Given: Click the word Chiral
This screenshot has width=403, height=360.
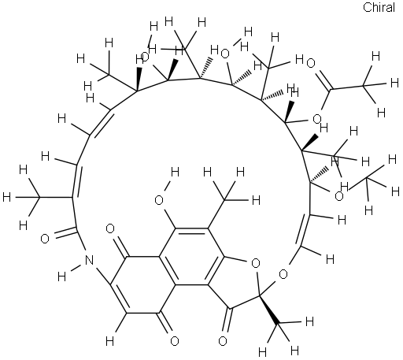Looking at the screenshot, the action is coord(379,7).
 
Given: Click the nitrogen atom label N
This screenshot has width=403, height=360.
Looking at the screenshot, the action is coord(89,260).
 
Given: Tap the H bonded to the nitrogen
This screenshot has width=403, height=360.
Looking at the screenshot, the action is coord(62,276).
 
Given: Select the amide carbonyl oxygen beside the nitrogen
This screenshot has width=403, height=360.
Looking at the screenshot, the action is coord(45,239).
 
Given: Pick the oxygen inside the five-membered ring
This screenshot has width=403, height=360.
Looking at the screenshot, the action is coord(255,263).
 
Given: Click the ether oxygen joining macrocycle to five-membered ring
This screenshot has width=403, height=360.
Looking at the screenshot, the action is coord(283,274).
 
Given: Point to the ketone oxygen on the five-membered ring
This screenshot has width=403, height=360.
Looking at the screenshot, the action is coord(223,341).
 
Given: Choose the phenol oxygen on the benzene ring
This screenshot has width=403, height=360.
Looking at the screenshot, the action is coord(159,200).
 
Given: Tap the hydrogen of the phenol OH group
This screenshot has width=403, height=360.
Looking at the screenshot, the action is coord(175,173).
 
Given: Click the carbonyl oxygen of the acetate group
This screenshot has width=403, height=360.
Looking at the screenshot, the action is coord(311,63).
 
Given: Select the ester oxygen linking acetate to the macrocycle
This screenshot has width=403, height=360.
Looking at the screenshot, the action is coord(317,119).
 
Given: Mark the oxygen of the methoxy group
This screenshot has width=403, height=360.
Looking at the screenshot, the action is coord(339,196).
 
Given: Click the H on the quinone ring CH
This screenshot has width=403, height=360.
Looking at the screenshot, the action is coord(110,342).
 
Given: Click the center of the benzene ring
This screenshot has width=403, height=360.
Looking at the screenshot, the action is coord(191,257).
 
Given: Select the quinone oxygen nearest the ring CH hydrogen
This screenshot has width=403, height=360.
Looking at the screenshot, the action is coord(175,341).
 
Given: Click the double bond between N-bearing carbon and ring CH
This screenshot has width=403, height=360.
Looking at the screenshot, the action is coord(120,299).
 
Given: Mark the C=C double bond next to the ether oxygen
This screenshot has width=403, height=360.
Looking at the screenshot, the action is coord(305,231).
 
